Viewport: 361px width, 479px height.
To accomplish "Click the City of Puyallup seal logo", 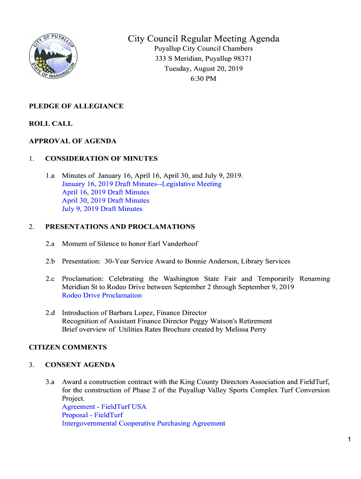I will pos(53,56).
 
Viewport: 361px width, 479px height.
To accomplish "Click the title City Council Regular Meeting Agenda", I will pos(203,39).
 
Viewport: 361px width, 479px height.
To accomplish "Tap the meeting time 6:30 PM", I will pos(203,79).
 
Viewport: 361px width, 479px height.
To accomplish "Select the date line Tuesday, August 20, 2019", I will pos(203,69).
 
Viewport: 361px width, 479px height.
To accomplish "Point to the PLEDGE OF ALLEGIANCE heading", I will pos(76,106).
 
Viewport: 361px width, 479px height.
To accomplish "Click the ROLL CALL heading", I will pos(51,124).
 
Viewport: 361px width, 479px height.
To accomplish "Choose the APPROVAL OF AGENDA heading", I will pos(73,141).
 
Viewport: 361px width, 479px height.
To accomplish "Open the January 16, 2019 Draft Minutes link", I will pos(142,184).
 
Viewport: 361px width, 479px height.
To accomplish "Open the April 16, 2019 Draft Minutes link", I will pos(105,192).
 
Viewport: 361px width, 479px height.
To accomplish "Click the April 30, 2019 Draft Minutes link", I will pos(105,201).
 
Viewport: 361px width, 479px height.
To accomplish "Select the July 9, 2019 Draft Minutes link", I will pos(102,209).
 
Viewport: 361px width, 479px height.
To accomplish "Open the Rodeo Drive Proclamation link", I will pos(102,296).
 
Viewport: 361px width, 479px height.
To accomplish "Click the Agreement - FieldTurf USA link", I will pos(104,407).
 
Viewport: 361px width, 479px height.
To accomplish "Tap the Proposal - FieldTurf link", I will pos(92,415).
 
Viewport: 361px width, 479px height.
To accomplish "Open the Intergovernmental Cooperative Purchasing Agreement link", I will pos(143,424).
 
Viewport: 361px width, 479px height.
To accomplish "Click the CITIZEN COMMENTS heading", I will pos(68,348).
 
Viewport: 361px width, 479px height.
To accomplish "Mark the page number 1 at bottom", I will pos(349,439).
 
